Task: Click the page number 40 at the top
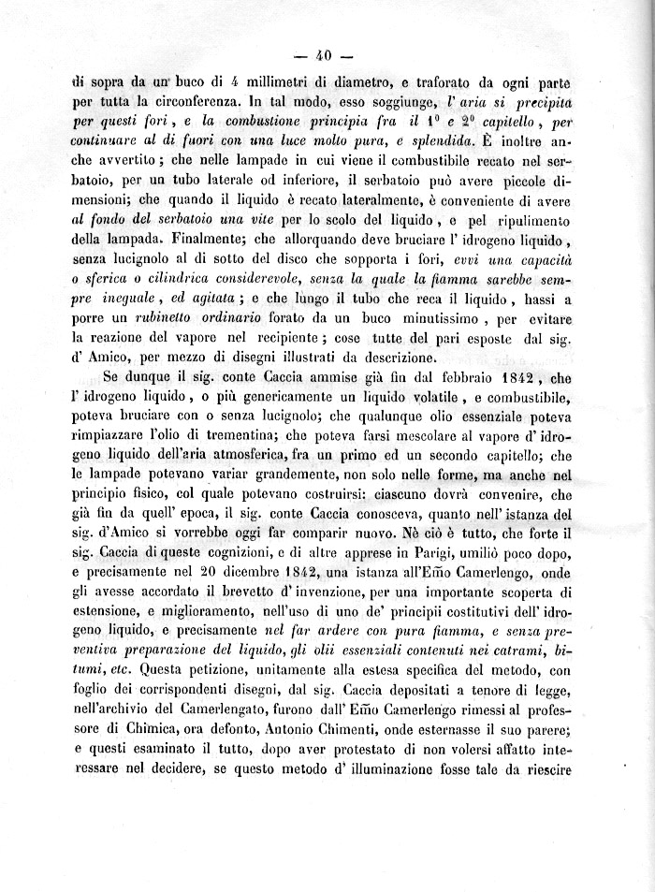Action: click(x=327, y=53)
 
